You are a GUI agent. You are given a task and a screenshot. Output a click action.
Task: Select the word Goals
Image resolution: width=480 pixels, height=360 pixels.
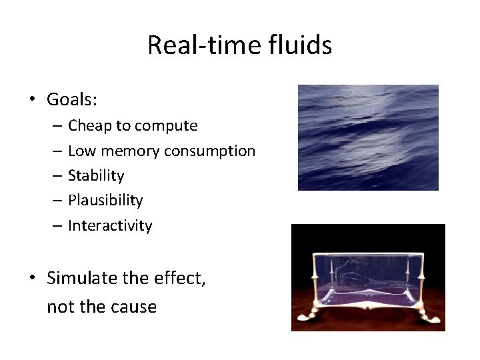72,100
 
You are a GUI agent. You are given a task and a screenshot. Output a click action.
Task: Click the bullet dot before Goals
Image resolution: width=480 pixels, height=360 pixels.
31,101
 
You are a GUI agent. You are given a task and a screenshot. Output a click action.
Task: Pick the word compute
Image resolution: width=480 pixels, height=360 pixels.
169,126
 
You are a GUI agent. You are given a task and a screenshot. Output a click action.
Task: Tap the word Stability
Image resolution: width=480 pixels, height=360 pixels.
96,175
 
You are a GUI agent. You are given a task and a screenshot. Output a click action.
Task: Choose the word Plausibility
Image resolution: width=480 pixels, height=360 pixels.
105,200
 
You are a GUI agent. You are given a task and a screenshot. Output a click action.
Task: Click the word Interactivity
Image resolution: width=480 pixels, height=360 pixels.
110,225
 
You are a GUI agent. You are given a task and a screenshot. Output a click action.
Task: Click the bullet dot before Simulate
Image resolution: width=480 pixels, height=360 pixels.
31,278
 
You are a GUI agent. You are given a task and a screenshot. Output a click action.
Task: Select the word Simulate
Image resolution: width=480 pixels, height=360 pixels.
82,277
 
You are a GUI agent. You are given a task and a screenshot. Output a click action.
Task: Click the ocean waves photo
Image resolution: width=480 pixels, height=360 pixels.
368,137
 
